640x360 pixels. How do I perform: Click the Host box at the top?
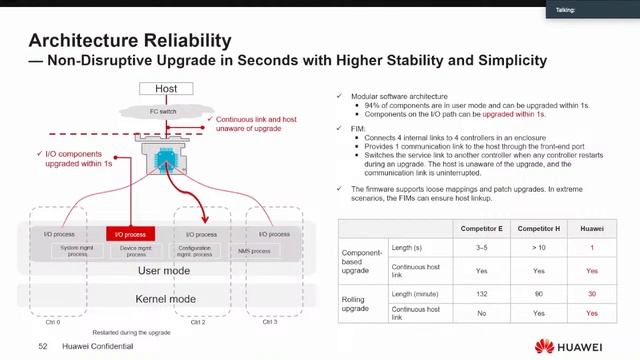tap(166, 89)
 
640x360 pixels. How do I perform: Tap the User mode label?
tap(163, 271)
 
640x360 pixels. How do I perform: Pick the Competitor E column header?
tap(481, 230)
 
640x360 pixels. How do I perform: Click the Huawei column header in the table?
tap(592, 230)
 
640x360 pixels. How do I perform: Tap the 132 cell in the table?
tap(481, 293)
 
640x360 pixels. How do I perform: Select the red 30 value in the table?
tap(592, 293)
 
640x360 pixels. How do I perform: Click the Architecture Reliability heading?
tap(130, 41)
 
